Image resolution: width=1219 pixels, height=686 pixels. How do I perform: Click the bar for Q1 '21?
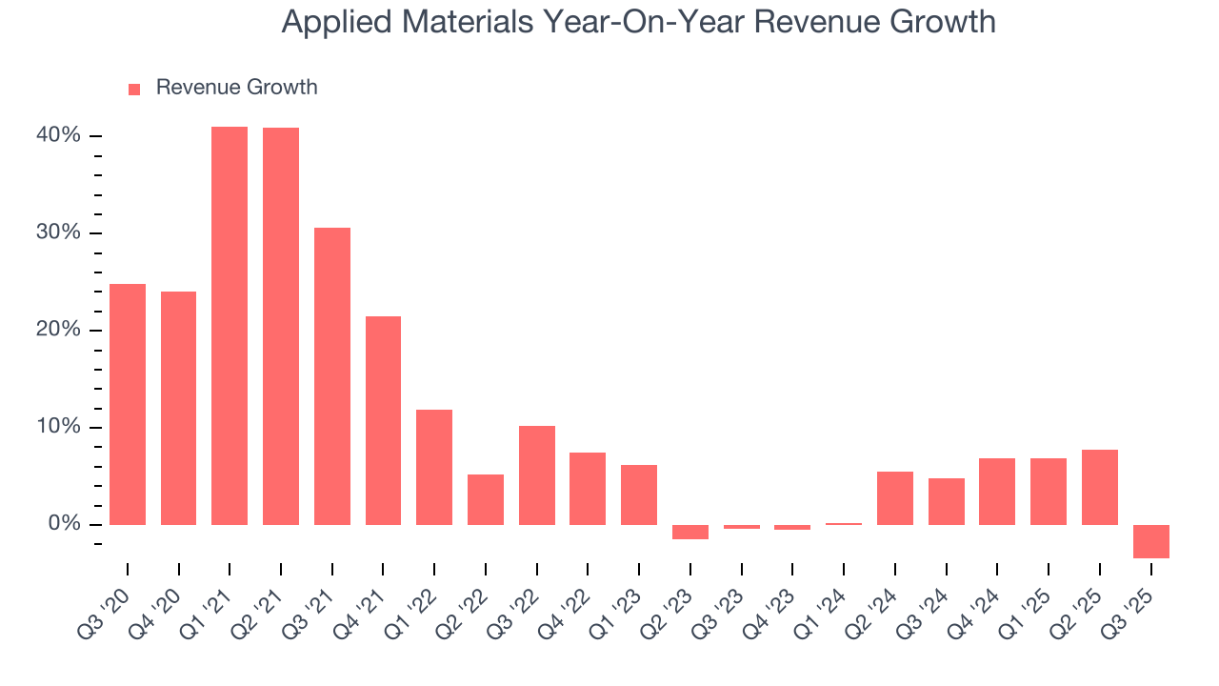tap(230, 326)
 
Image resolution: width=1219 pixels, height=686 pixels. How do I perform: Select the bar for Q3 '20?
tap(128, 404)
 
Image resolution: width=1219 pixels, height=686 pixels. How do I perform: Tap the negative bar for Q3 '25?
tap(1151, 541)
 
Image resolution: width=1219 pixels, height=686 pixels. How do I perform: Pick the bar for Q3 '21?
tap(332, 376)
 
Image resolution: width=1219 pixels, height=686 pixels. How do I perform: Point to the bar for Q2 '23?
tap(690, 532)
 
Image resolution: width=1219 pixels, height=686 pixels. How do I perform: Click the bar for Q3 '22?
tap(537, 475)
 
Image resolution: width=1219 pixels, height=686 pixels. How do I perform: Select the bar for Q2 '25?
tap(1100, 487)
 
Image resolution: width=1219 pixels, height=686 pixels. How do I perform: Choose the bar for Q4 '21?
tap(383, 420)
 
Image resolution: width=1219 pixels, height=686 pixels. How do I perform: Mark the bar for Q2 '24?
tap(895, 498)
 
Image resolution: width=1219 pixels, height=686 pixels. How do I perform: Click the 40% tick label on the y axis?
tap(58, 135)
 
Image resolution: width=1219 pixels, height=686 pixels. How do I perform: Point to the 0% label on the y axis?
tap(63, 524)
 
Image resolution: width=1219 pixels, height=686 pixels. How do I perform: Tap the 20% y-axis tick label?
tap(58, 330)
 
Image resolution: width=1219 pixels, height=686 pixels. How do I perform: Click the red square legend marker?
tap(134, 89)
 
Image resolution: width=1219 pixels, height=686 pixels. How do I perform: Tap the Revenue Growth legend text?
tap(236, 88)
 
